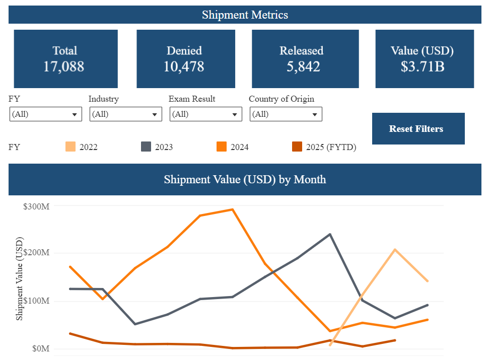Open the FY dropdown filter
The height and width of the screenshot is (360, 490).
pos(45,114)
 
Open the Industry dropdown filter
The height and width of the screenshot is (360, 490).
pos(125,114)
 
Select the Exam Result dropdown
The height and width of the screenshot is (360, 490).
pos(205,114)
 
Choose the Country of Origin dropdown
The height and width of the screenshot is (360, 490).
pos(286,114)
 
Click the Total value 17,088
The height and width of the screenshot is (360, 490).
pos(63,66)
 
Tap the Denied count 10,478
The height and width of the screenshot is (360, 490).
pos(184,66)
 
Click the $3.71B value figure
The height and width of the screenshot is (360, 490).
pos(423,66)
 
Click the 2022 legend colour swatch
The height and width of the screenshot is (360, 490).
pos(71,147)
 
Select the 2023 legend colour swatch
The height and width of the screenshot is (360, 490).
pos(146,147)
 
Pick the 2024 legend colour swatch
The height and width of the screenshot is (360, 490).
pos(222,147)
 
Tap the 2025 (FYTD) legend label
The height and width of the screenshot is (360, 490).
pos(331,148)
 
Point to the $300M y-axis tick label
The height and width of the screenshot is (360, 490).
pos(36,206)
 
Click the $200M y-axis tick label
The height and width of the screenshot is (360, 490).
pos(36,253)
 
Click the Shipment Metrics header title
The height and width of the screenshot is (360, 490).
pos(245,15)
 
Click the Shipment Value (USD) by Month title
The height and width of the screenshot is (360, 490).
pos(245,179)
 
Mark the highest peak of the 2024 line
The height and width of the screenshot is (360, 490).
pos(232,209)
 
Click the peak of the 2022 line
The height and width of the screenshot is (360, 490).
pos(395,249)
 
